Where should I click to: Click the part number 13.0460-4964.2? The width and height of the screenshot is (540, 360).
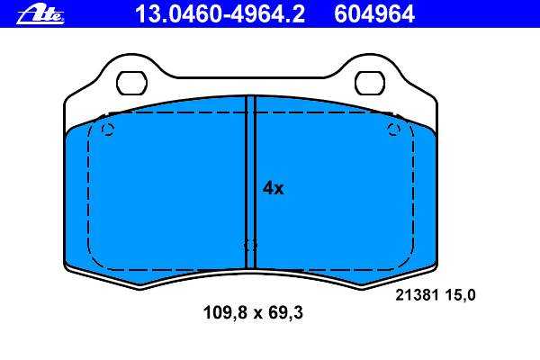point(220,14)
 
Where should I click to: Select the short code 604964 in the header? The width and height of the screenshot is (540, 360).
point(374,14)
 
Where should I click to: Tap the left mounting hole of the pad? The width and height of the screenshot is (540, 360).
point(131,83)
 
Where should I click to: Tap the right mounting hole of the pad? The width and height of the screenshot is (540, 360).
point(370,83)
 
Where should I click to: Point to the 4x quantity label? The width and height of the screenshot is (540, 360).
point(273,188)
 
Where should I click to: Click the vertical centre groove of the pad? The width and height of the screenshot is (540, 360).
point(250,182)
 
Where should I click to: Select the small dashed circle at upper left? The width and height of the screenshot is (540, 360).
point(108,130)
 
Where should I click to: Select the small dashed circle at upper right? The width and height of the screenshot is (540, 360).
point(393,130)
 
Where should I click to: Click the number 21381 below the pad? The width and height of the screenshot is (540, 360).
point(417,295)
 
